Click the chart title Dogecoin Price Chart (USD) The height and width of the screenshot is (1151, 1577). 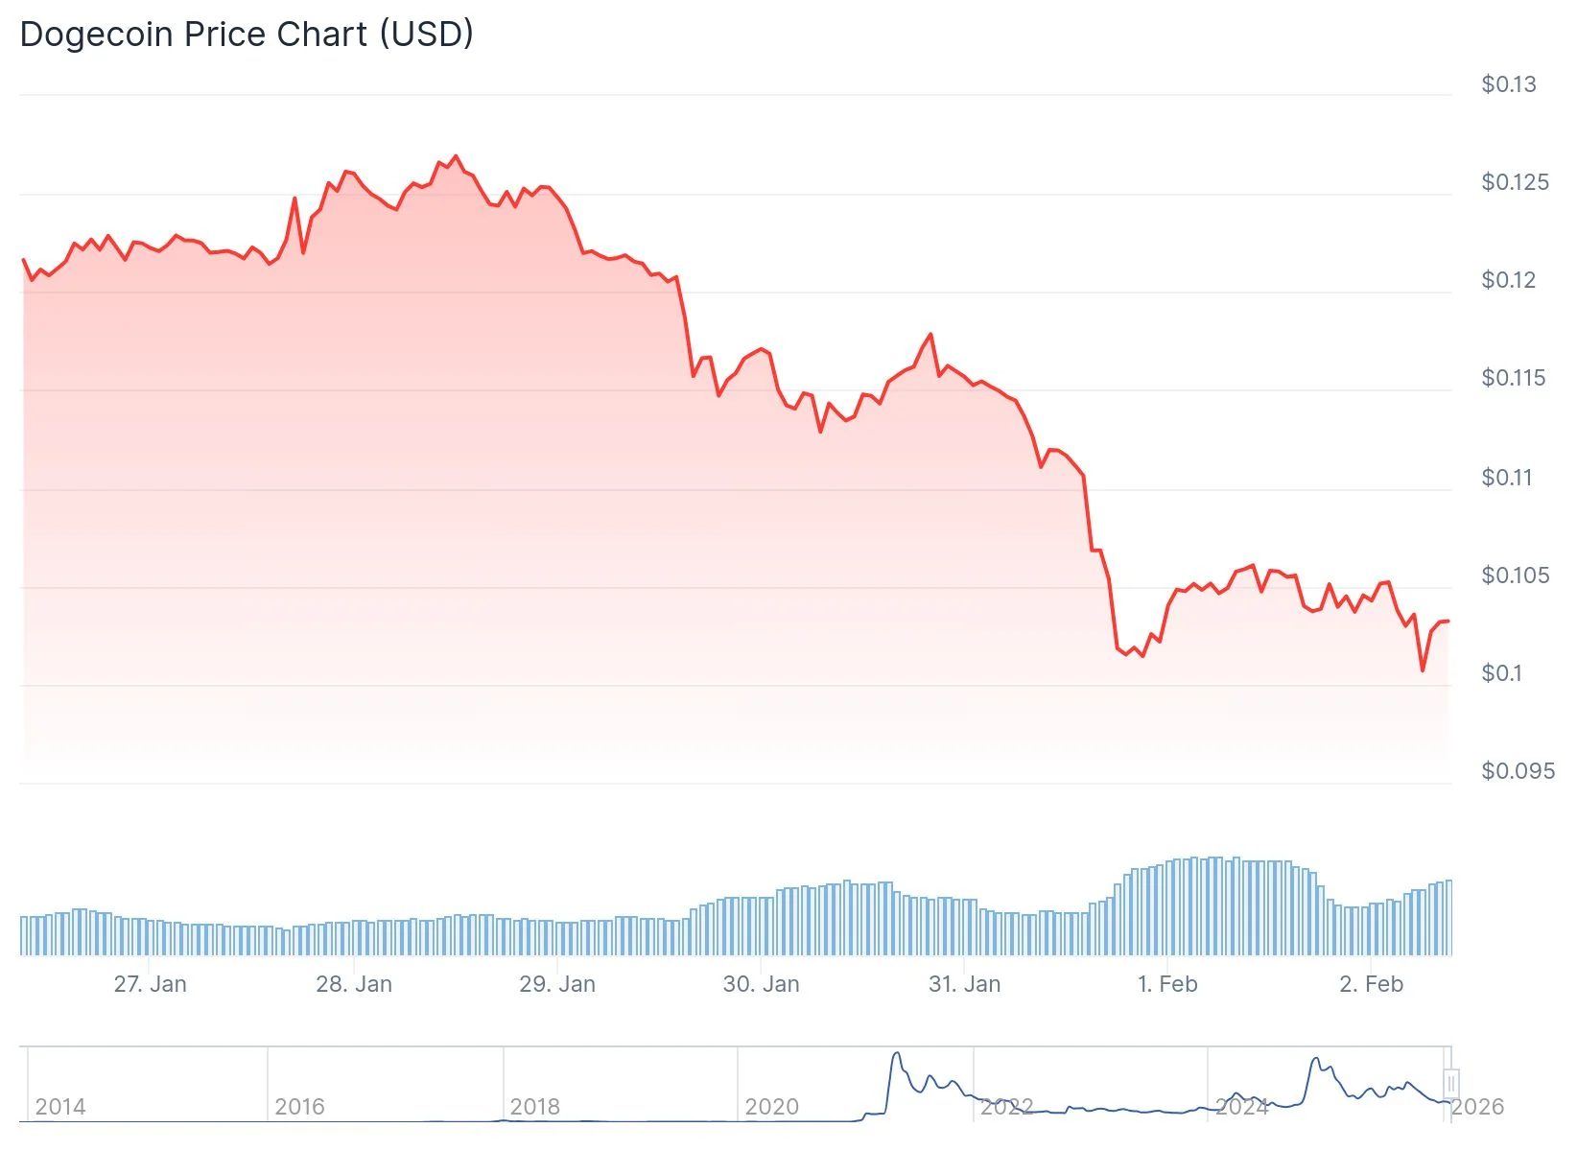(x=247, y=35)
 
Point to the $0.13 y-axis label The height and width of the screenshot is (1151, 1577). (x=1508, y=84)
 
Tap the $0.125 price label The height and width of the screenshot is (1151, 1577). (x=1514, y=182)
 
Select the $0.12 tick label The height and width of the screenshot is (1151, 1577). (x=1508, y=280)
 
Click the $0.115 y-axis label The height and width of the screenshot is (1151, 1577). (x=1513, y=378)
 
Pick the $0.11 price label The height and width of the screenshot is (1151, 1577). (x=1506, y=478)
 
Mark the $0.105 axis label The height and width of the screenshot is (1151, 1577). (x=1514, y=575)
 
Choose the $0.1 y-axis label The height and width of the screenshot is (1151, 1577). (x=1501, y=673)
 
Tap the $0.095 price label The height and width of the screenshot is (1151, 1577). (x=1517, y=771)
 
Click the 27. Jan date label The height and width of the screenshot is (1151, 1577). (x=150, y=984)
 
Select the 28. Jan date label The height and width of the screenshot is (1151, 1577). (x=353, y=984)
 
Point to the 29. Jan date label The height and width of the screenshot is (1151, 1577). (x=556, y=984)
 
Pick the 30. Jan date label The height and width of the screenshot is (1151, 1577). (x=760, y=984)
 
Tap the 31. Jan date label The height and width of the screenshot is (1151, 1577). (x=963, y=984)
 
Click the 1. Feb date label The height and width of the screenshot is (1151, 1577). (x=1166, y=984)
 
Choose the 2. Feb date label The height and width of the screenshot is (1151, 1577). (x=1370, y=984)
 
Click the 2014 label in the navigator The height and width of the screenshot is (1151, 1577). (x=59, y=1107)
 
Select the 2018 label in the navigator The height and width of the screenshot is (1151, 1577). (x=534, y=1107)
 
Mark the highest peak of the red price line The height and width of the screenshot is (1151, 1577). (x=455, y=156)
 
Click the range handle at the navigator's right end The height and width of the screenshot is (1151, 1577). (x=1450, y=1084)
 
